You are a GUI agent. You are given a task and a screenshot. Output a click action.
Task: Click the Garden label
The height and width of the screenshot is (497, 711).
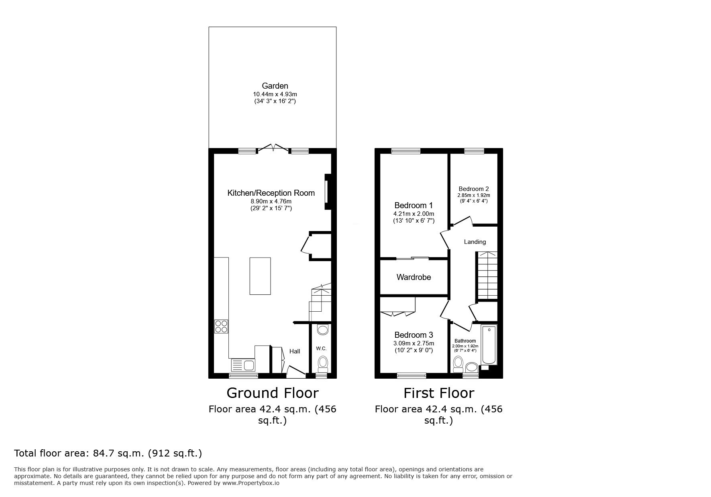coord(275,86)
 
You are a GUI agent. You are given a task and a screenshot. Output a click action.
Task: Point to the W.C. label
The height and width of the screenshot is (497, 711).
coord(321,348)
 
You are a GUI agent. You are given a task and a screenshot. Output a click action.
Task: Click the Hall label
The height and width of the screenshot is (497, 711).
coord(295,351)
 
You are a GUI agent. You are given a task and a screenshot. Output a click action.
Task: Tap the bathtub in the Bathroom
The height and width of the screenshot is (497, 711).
coord(489,345)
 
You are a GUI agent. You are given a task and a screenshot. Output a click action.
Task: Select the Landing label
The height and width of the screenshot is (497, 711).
coord(475,242)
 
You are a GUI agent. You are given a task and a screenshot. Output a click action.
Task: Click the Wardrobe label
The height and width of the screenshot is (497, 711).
coord(414,277)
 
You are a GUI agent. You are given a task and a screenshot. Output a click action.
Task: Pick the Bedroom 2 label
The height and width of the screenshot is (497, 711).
coord(474,189)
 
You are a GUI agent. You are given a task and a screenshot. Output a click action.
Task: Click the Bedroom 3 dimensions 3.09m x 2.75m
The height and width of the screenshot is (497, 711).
coord(414,343)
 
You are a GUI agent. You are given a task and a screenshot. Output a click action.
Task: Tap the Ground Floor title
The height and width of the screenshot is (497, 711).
coord(272,393)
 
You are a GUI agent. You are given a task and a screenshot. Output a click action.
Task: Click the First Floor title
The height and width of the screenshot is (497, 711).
coord(438,393)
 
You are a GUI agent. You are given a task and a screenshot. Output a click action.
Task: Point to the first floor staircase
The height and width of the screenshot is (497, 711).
coord(487,276)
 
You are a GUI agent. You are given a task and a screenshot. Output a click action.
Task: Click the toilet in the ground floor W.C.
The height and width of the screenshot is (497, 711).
coord(322,363)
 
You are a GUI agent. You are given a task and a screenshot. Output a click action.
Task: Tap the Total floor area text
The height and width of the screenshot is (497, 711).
coord(108,453)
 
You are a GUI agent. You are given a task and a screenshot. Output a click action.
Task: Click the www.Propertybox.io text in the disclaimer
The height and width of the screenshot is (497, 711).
coord(251,483)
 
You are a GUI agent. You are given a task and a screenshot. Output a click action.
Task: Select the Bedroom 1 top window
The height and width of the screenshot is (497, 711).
coord(405,151)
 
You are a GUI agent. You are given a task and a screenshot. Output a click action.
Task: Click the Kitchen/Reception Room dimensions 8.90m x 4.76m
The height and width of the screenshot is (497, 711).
coord(271,201)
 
